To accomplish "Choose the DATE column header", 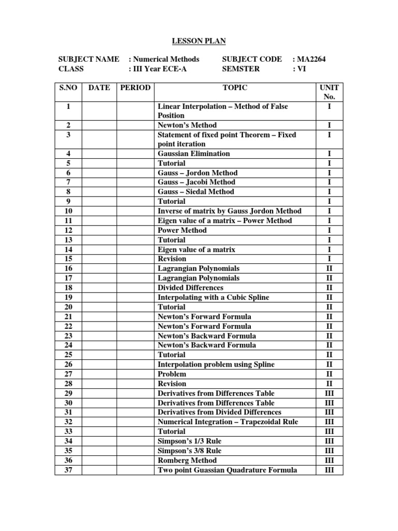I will point(99,88).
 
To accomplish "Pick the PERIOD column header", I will point(135,88).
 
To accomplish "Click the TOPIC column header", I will point(235,88).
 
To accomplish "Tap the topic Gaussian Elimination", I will point(194,153).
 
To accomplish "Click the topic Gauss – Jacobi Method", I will point(196,182).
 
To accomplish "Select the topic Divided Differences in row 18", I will point(190,287).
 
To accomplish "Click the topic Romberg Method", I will point(187,460).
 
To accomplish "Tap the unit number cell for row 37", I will point(330,470).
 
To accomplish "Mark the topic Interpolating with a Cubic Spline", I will point(213,297).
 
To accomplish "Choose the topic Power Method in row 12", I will point(182,230).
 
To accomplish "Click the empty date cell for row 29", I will point(99,393).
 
